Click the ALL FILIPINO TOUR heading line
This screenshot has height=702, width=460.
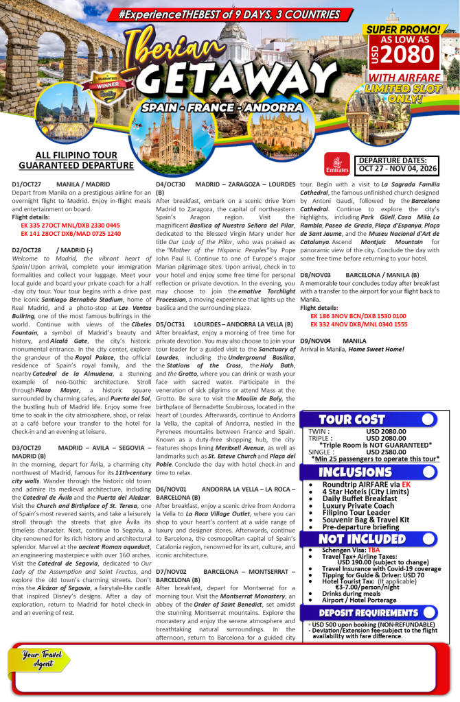tap(76, 156)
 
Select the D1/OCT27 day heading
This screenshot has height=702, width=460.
tap(27, 184)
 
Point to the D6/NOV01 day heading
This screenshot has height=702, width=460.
tap(171, 489)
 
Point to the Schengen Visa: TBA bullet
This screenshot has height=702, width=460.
tap(350, 550)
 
